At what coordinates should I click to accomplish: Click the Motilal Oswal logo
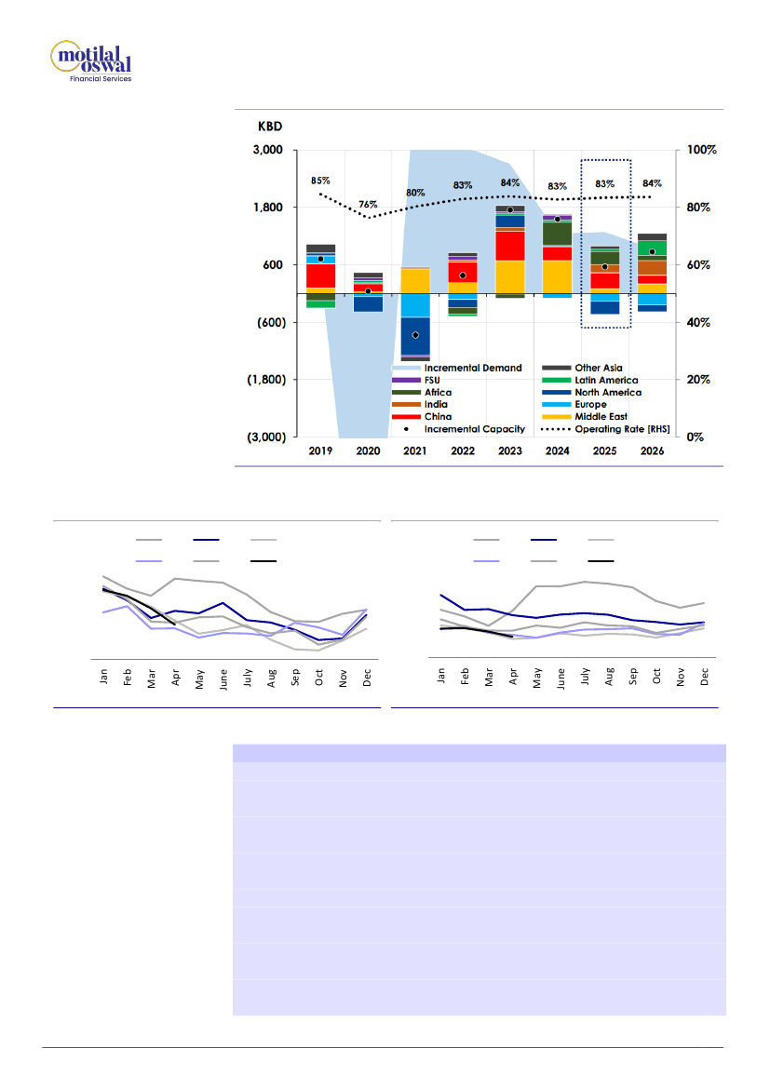tap(90, 61)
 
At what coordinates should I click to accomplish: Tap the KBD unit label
tap(270, 126)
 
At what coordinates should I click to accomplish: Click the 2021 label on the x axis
tap(414, 450)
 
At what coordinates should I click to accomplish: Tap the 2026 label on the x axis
tap(652, 450)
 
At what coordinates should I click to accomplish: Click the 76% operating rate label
tap(368, 205)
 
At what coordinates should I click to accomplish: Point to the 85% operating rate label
tap(320, 181)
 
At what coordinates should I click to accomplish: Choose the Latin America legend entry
tap(605, 381)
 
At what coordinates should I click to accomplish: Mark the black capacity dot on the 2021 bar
tap(415, 335)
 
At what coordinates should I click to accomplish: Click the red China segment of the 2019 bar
tap(320, 275)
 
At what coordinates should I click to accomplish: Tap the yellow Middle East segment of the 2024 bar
tap(557, 276)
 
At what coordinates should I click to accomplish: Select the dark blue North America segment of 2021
tap(415, 337)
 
